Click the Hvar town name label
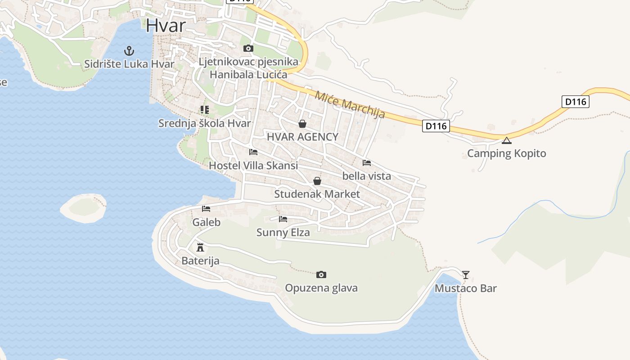click(166, 25)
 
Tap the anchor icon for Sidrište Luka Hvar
click(129, 50)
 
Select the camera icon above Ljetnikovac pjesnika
click(248, 48)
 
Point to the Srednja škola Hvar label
click(204, 123)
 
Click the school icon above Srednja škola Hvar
click(205, 109)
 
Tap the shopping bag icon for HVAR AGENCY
click(302, 123)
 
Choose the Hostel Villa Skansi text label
click(253, 165)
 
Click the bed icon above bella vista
click(367, 162)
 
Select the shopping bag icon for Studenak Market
click(317, 181)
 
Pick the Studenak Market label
click(317, 194)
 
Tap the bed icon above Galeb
click(206, 208)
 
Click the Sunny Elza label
click(283, 232)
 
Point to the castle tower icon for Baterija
click(200, 247)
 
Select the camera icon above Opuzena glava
click(321, 274)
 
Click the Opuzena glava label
click(321, 288)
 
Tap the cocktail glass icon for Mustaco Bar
click(466, 274)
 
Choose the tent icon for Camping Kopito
click(507, 140)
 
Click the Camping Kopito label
click(507, 153)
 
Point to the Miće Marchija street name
click(350, 104)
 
